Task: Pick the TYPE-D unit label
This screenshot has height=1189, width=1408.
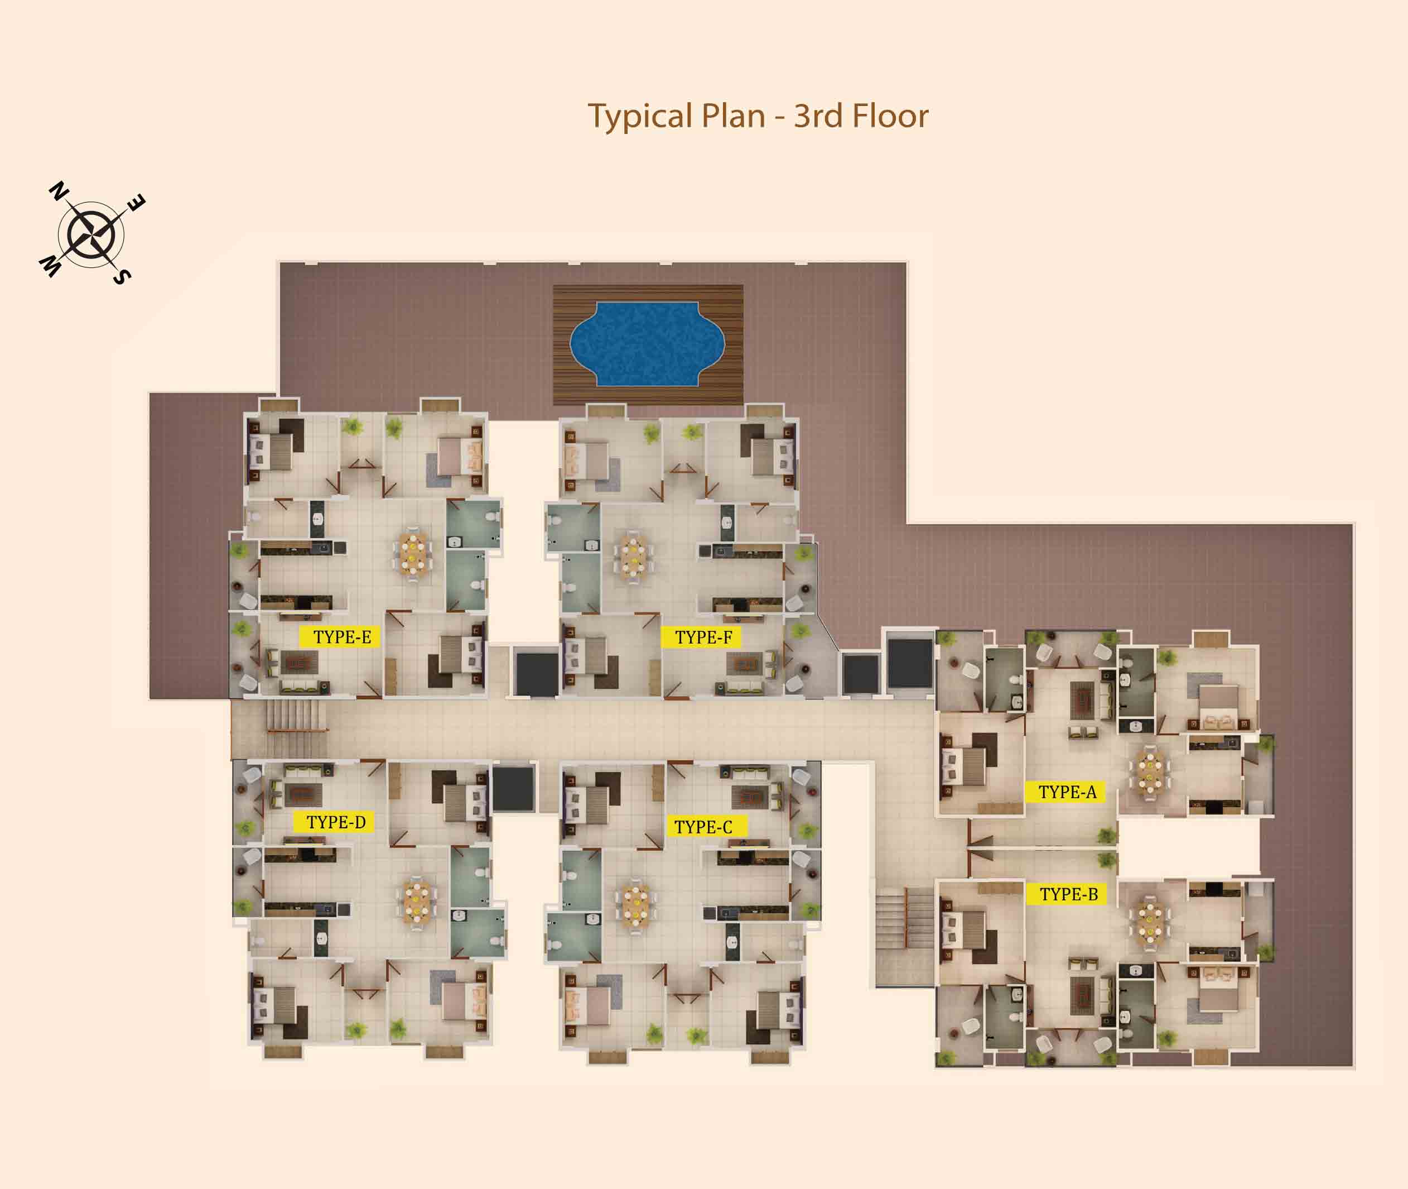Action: (x=334, y=822)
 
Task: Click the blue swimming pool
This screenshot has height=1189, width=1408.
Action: (x=648, y=344)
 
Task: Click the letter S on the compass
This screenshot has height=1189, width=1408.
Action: (x=122, y=276)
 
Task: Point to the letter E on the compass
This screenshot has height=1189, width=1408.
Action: (x=136, y=202)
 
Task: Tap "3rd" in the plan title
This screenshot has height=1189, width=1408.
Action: (x=818, y=116)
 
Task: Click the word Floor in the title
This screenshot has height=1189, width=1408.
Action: (x=891, y=116)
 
